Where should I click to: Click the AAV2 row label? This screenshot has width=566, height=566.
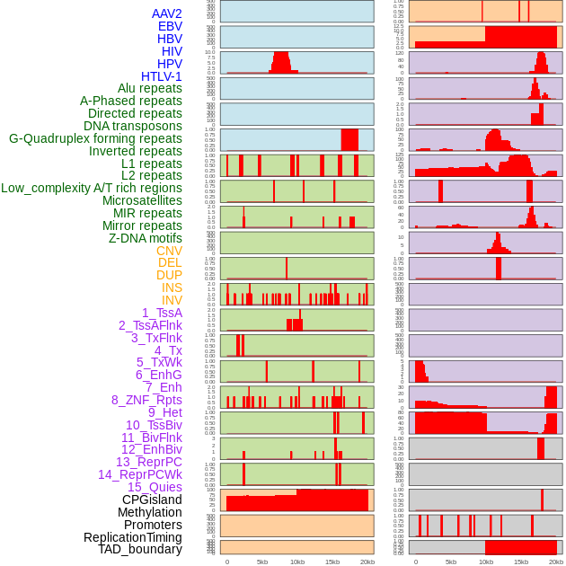coord(166,13)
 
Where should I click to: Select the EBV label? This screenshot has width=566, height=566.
coord(169,26)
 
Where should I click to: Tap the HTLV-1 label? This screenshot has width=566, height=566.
coord(161,76)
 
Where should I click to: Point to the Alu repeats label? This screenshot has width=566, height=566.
coord(150,88)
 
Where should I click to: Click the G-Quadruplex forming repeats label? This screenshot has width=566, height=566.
coord(95,138)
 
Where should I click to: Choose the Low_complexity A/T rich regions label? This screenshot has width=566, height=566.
coord(92,188)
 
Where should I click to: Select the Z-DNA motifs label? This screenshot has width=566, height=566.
coord(146,238)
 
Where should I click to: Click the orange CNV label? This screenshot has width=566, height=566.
coord(169,251)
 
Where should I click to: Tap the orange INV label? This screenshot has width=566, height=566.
coord(172,300)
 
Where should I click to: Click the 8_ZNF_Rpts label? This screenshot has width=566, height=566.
coord(146,400)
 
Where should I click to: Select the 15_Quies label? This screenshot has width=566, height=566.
coord(155,487)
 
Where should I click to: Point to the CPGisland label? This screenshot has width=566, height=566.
coord(152,500)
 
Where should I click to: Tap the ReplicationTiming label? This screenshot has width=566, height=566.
coord(133,537)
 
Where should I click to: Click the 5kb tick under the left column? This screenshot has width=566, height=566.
coord(262,562)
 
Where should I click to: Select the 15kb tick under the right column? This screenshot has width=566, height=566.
coord(521,562)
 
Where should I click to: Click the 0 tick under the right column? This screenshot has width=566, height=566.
coord(415,562)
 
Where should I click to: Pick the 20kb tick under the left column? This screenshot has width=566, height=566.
coord(367,562)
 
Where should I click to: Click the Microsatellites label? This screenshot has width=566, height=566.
coord(142,200)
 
